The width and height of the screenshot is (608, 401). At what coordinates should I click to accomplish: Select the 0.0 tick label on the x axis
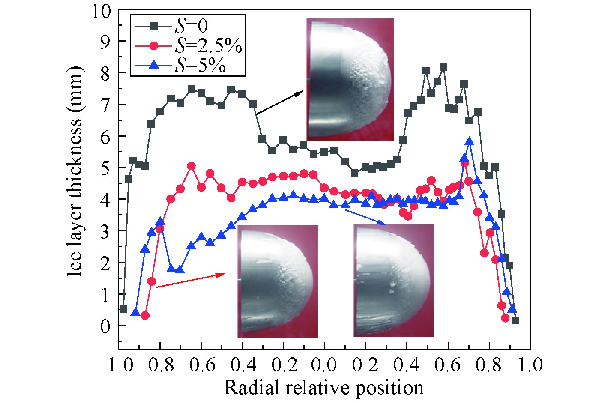(x=324, y=365)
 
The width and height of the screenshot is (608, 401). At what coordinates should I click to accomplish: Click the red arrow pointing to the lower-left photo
(x=190, y=281)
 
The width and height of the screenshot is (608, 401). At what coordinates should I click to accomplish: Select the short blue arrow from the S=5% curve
(x=365, y=217)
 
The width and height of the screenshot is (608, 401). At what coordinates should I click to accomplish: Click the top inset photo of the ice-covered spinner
(x=350, y=79)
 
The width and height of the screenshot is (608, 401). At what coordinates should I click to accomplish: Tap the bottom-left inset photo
(x=277, y=281)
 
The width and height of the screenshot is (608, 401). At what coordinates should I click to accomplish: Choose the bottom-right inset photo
(x=393, y=281)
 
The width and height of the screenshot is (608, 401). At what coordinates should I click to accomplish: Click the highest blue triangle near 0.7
(x=470, y=142)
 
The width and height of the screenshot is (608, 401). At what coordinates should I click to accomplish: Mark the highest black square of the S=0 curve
(x=443, y=67)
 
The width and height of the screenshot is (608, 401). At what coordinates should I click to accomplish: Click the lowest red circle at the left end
(x=145, y=316)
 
